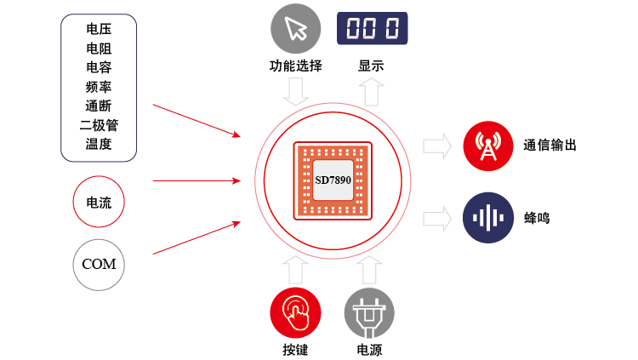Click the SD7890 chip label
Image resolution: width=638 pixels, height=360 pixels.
pyautogui.click(x=333, y=180)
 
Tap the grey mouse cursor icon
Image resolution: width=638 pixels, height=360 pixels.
pyautogui.click(x=296, y=29)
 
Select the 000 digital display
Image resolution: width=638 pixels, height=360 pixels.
pyautogui.click(x=372, y=28)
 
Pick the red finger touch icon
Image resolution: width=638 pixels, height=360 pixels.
pyautogui.click(x=295, y=312)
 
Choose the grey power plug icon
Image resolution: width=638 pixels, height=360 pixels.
pyautogui.click(x=369, y=312)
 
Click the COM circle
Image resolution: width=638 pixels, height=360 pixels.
pyautogui.click(x=99, y=264)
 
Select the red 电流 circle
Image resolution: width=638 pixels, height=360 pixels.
pyautogui.click(x=99, y=203)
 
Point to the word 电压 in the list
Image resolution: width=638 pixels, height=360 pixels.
pyautogui.click(x=99, y=30)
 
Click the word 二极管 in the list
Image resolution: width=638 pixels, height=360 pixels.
pyautogui.click(x=99, y=124)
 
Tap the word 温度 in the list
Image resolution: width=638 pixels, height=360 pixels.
pyautogui.click(x=99, y=144)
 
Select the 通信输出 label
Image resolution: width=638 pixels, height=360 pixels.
pyautogui.click(x=550, y=146)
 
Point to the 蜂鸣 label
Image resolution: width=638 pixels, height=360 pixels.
pyautogui.click(x=537, y=218)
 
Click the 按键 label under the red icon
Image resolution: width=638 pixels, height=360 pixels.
pyautogui.click(x=295, y=349)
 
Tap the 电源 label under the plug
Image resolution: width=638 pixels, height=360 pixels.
pyautogui.click(x=369, y=349)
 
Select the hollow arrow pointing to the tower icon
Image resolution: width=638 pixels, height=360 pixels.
pyautogui.click(x=436, y=146)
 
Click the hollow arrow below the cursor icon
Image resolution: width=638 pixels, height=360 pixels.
pyautogui.click(x=296, y=92)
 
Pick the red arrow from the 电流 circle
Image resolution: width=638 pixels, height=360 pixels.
pyautogui.click(x=196, y=180)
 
